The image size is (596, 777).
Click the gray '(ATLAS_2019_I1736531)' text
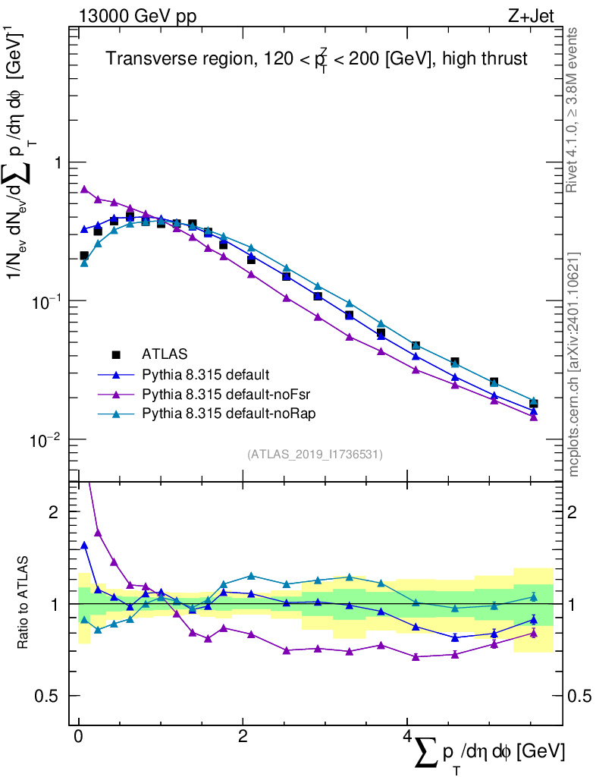point(315,455)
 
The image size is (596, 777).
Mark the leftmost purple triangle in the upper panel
point(84,189)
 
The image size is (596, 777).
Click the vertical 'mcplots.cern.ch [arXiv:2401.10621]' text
point(574,363)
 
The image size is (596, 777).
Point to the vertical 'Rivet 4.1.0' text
point(574,110)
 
